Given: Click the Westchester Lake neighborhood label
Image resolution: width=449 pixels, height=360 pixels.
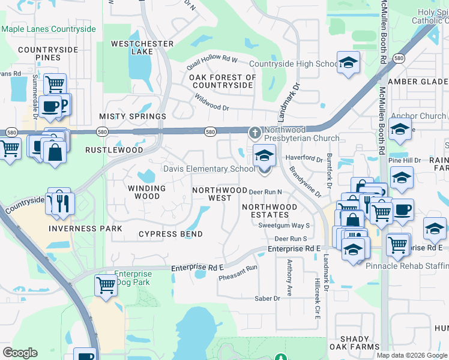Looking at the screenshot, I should tap(142, 47).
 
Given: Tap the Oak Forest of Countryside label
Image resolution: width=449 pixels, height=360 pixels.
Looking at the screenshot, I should tap(223, 81).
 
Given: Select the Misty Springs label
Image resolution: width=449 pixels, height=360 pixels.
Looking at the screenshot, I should tap(133, 116).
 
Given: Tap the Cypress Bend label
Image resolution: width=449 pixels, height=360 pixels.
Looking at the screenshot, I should tap(170, 234).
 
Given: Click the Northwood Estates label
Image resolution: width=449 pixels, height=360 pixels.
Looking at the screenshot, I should tap(270, 211).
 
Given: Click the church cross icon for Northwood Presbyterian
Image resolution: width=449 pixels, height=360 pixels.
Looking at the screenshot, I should tap(255, 131).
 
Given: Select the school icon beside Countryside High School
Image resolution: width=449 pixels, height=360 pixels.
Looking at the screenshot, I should tap(348, 63).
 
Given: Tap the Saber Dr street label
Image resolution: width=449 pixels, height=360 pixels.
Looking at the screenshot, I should tap(268, 298).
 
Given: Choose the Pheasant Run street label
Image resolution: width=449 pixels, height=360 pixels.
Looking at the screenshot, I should tap(238, 273).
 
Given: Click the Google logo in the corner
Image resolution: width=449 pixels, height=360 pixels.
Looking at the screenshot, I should tap(20, 353).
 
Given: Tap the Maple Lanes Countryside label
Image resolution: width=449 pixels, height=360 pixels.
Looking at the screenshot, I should tap(49, 29).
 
